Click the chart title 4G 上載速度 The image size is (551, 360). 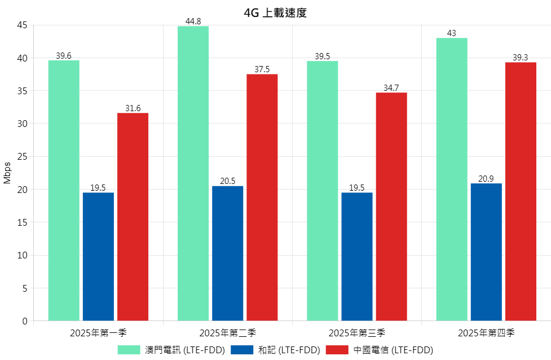click(275, 13)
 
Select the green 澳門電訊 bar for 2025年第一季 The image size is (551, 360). click(64, 190)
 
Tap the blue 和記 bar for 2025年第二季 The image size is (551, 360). click(228, 253)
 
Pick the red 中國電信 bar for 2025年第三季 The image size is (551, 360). click(391, 207)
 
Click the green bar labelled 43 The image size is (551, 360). click(452, 179)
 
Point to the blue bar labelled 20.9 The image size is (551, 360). click(486, 252)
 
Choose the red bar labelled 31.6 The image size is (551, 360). click(133, 217)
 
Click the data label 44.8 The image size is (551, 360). click(193, 21)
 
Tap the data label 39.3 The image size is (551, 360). click(521, 58)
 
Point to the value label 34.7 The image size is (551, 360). click(391, 88)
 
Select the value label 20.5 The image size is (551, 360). click(228, 182)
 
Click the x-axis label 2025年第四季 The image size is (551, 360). click(486, 333)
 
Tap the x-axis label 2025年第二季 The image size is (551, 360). click(228, 333)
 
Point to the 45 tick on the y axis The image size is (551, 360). click(22, 25)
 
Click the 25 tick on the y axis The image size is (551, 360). click(22, 156)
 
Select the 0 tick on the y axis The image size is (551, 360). click(25, 321)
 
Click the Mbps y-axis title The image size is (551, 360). click(7, 173)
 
